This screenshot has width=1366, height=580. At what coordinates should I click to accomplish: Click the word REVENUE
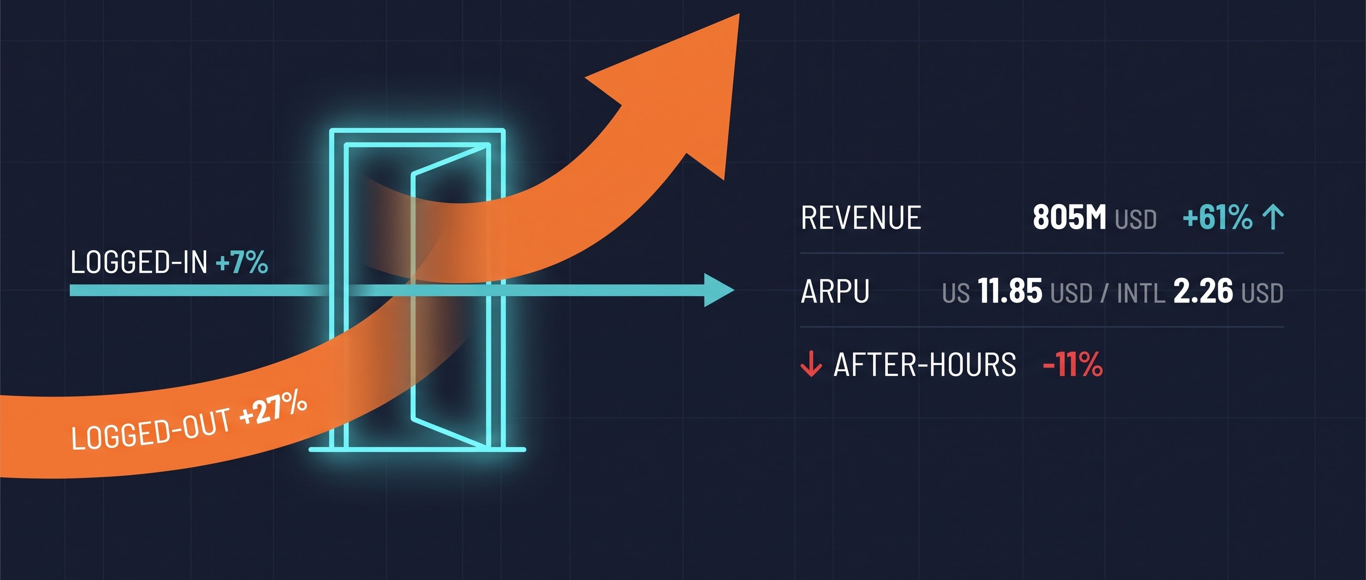click(861, 217)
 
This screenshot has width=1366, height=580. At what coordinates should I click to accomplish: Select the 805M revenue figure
click(1069, 217)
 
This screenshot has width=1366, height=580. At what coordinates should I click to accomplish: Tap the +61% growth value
click(1218, 217)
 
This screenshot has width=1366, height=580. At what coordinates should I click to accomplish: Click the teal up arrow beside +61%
click(1273, 217)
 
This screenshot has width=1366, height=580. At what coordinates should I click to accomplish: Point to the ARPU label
click(835, 291)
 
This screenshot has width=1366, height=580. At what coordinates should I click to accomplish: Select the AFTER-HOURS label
click(925, 365)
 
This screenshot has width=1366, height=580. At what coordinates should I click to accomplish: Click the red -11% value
click(1073, 365)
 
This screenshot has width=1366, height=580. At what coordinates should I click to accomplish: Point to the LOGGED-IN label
click(139, 262)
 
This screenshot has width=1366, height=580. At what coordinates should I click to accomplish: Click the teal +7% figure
click(242, 262)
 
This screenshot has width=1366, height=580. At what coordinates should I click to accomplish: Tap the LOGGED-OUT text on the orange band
click(151, 429)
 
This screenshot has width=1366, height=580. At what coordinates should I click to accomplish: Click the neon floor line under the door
click(417, 450)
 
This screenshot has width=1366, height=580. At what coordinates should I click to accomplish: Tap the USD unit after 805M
click(1135, 220)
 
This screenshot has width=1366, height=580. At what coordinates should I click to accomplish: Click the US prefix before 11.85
click(956, 293)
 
